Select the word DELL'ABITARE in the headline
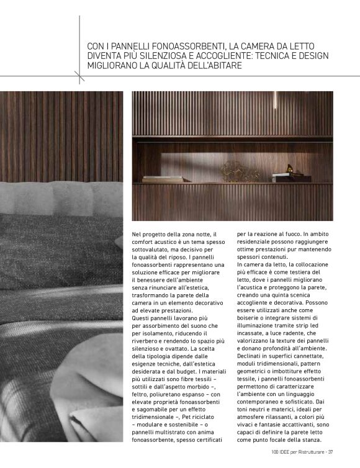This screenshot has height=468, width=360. [x=209, y=65]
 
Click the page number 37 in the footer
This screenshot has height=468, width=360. [x=331, y=451]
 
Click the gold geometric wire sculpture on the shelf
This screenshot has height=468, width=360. [x=233, y=170]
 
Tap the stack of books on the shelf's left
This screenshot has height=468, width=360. [x=162, y=179]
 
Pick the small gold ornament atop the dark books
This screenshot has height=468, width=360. [x=290, y=169]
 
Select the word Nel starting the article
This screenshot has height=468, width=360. [x=137, y=234]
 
